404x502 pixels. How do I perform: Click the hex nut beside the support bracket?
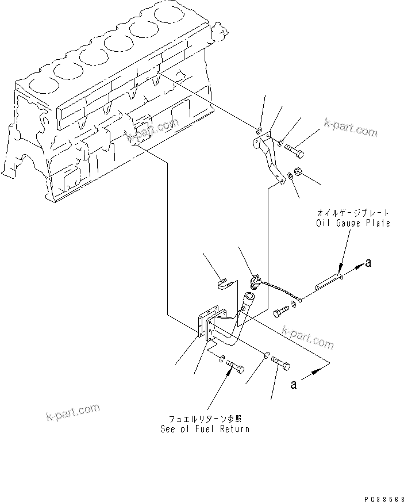click(x=299, y=171)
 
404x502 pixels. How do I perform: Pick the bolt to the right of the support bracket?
click(x=294, y=151)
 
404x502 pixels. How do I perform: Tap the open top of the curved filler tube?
click(x=249, y=297)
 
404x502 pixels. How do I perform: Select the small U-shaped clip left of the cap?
click(x=224, y=282)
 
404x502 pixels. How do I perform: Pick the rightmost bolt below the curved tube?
click(x=280, y=363)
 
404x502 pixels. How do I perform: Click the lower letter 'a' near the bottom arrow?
click(x=293, y=385)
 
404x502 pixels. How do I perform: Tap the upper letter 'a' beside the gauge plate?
click(x=368, y=264)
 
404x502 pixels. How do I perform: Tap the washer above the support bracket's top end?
click(x=259, y=131)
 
